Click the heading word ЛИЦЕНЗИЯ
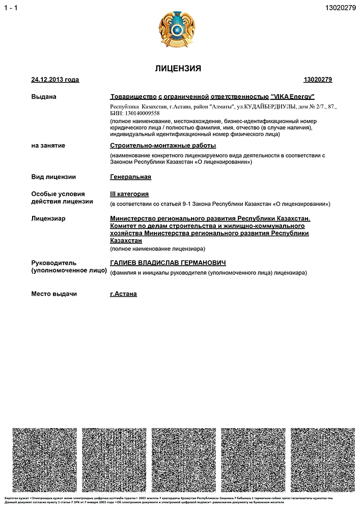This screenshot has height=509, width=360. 178,68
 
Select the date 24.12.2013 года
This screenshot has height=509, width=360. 55,80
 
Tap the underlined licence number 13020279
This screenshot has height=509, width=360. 317,80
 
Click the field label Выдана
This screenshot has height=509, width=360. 44,97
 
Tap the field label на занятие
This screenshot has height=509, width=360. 48,146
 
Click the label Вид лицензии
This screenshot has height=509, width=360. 53,177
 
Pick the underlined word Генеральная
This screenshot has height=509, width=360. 130,177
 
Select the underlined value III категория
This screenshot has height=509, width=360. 129,194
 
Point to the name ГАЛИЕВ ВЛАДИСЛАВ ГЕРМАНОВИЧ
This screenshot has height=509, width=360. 168,263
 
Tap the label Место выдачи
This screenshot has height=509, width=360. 54,294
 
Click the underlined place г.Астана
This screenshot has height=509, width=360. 123,294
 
